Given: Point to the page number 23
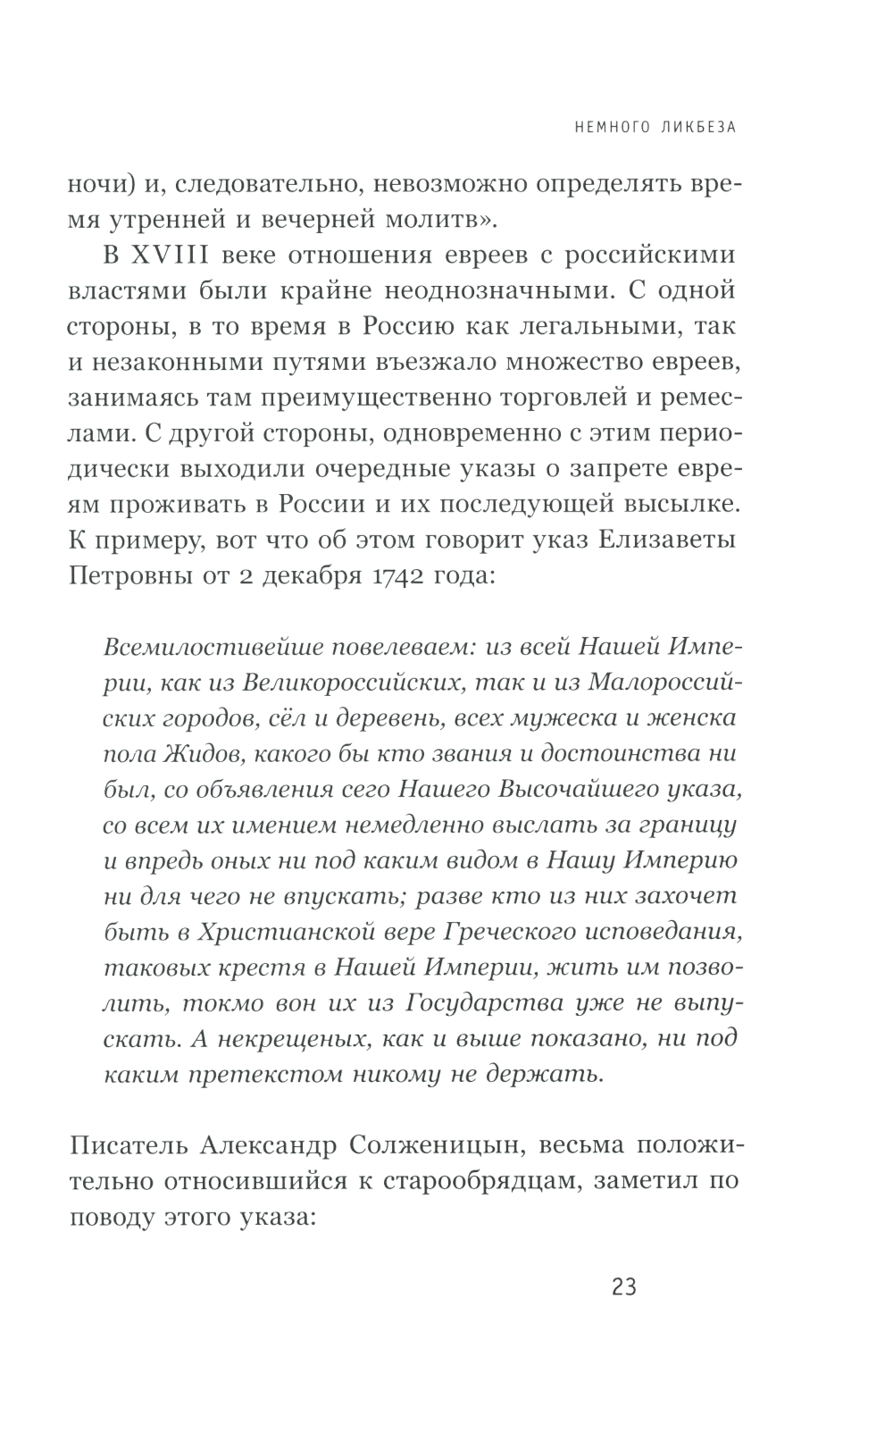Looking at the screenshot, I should click(624, 1287).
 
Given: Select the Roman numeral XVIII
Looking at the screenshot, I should click(170, 255).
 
